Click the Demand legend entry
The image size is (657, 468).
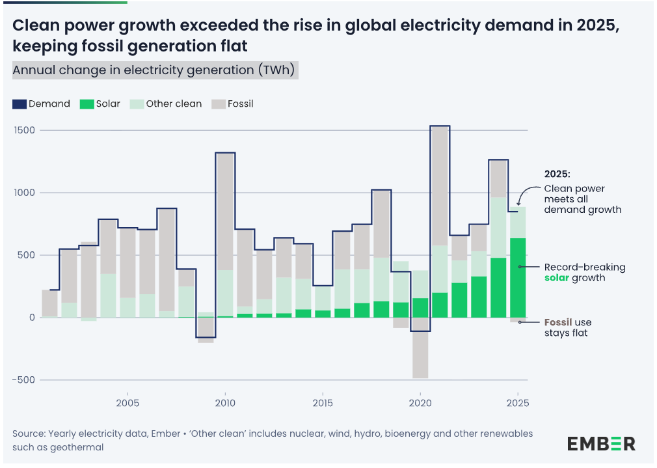42,104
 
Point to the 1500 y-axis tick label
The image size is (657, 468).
25,130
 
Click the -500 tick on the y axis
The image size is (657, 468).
23,379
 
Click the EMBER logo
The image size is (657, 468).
601,444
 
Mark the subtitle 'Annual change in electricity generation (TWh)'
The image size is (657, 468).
155,69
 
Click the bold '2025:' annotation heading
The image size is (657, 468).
557,174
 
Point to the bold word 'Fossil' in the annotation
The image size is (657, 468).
558,323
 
